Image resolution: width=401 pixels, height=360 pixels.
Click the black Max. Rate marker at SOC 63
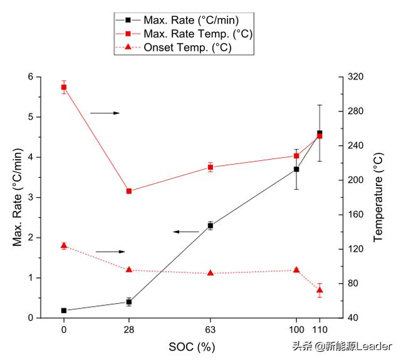click(x=211, y=225)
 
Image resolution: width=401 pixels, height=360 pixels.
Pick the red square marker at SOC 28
click(x=129, y=191)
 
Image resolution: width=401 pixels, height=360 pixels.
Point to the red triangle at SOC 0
click(x=64, y=245)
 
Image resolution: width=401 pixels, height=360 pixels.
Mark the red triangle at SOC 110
click(x=320, y=290)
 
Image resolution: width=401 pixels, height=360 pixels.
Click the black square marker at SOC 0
click(x=64, y=311)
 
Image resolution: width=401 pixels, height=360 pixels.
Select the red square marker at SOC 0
click(x=64, y=87)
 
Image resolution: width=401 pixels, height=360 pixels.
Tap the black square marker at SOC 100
click(x=296, y=169)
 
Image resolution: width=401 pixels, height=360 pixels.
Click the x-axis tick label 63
click(x=211, y=329)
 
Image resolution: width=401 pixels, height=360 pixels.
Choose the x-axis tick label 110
click(x=320, y=329)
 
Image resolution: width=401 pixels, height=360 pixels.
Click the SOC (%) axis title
click(x=192, y=346)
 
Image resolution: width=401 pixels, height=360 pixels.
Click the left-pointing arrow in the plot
click(x=185, y=232)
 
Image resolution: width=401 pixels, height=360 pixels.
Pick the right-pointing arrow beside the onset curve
click(x=110, y=252)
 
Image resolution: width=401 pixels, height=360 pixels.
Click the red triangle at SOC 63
click(x=211, y=273)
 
